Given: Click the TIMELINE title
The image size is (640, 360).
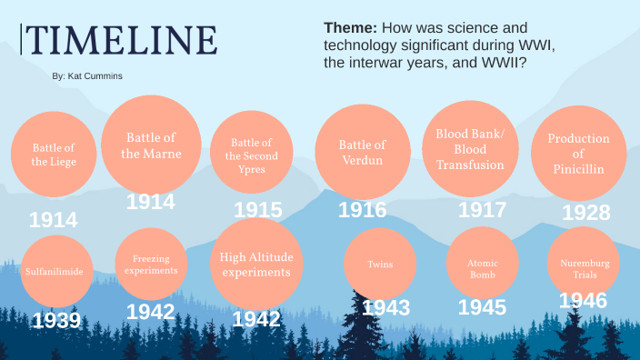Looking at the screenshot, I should pyautogui.click(x=120, y=40).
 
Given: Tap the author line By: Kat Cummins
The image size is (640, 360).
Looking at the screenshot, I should pyautogui.click(x=87, y=76).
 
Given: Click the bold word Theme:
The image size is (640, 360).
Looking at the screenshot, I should pyautogui.click(x=350, y=28).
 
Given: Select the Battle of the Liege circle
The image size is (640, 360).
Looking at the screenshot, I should pyautogui.click(x=54, y=155).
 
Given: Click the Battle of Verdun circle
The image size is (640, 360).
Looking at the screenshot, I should pyautogui.click(x=362, y=152).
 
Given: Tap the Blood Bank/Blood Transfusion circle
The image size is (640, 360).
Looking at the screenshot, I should pyautogui.click(x=470, y=148).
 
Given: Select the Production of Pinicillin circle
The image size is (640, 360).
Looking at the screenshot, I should pyautogui.click(x=578, y=154).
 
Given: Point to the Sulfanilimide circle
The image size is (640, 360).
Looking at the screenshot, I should pyautogui.click(x=57, y=270).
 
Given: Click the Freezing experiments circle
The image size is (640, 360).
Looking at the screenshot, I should pyautogui.click(x=150, y=265).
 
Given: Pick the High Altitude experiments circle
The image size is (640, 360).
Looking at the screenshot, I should pyautogui.click(x=256, y=265).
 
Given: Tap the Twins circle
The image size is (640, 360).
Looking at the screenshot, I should pyautogui.click(x=379, y=265).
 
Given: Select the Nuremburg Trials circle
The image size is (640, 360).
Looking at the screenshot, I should pyautogui.click(x=585, y=265).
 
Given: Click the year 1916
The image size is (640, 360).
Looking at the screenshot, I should pyautogui.click(x=362, y=210).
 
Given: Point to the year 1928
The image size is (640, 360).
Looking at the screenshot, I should pyautogui.click(x=586, y=213).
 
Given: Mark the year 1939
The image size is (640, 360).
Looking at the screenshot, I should pyautogui.click(x=56, y=320).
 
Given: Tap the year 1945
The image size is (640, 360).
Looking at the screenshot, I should pyautogui.click(x=482, y=307).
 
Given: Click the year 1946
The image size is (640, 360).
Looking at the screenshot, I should pyautogui.click(x=583, y=301).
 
